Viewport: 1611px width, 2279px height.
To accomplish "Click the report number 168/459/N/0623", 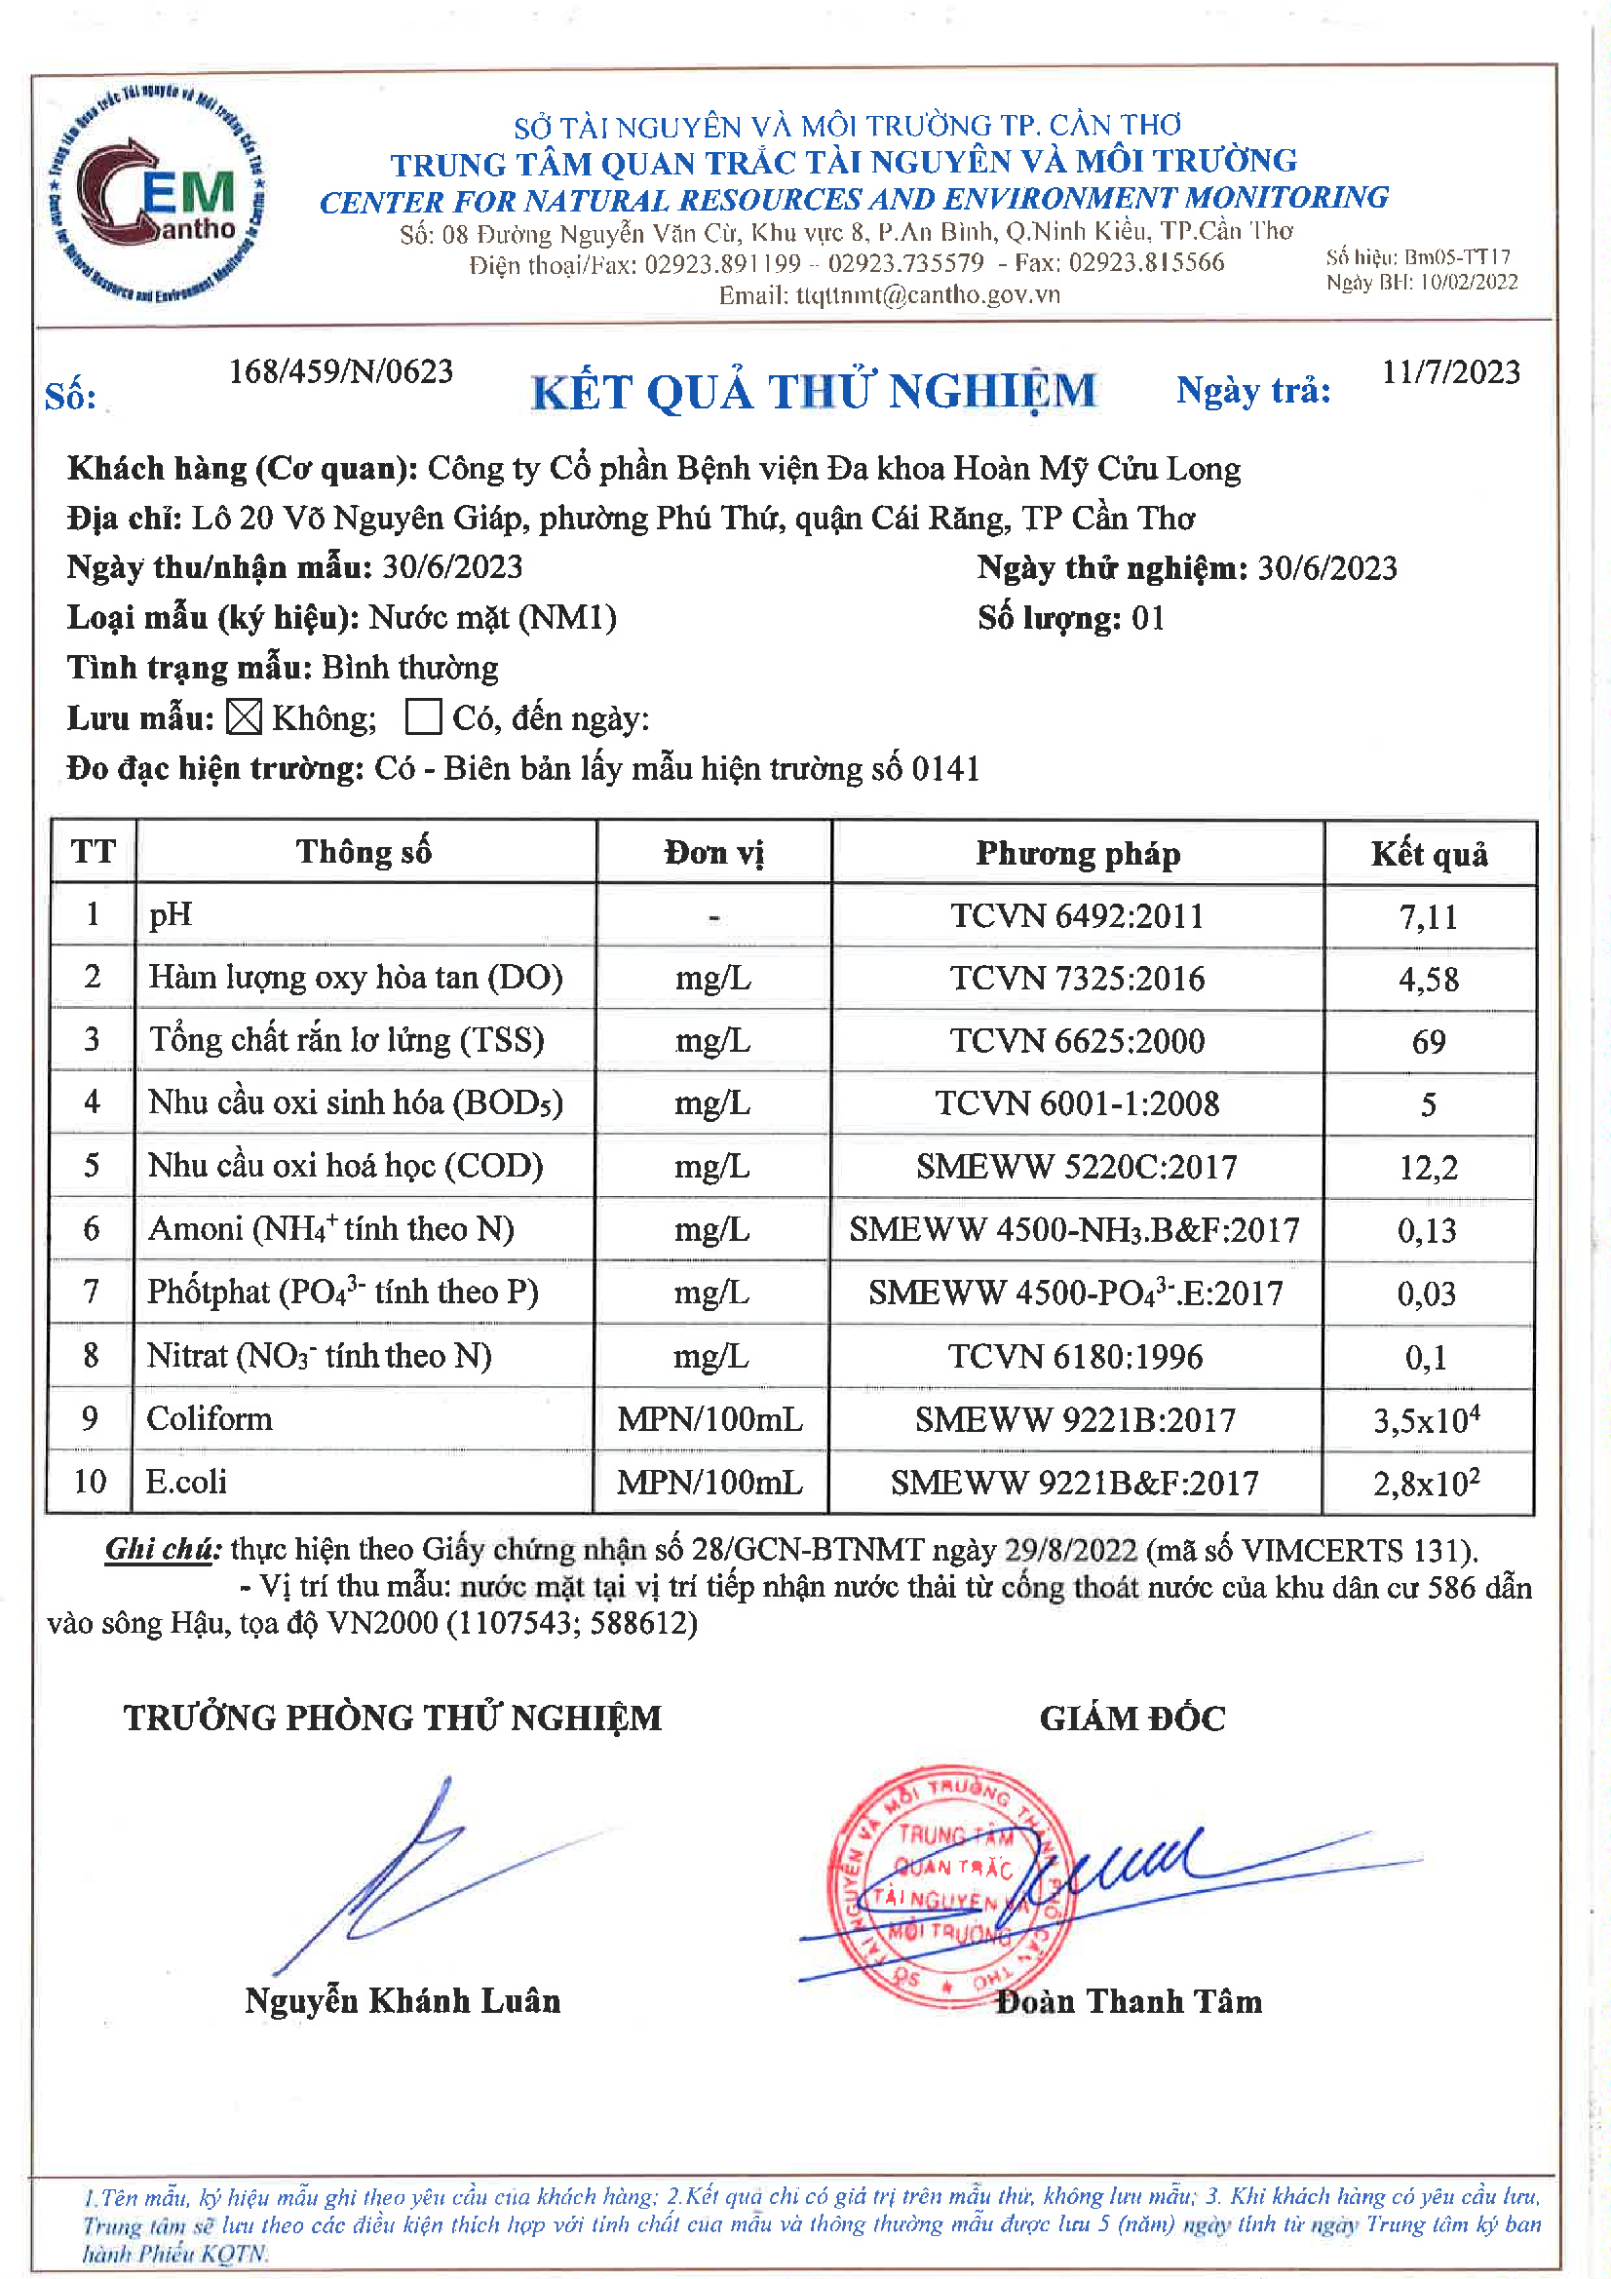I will [340, 371].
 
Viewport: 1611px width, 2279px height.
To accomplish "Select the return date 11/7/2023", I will [1450, 372].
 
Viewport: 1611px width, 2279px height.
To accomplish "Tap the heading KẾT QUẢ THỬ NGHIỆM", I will [814, 391].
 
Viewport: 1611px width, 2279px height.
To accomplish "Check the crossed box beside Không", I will [244, 716].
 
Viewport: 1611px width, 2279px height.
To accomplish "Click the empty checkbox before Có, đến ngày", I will [423, 716].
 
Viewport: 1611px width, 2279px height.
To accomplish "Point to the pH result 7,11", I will [1429, 916].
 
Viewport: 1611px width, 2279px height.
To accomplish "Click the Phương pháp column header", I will [1078, 854].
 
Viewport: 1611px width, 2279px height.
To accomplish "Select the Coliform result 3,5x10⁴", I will [1427, 1419].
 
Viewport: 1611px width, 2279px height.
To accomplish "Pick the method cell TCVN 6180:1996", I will [1075, 1356].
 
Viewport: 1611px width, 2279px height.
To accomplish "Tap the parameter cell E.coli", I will [186, 1482].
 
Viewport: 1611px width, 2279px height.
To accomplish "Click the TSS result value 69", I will [1429, 1041].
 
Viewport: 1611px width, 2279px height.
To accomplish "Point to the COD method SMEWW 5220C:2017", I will [1076, 1166].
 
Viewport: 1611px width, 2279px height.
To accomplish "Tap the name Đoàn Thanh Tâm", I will [1129, 2001].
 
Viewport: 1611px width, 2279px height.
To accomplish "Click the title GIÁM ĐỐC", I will [1132, 1719].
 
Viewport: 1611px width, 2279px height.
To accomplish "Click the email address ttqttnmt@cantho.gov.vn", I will [927, 294].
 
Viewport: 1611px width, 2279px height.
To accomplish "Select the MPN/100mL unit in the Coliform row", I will [710, 1419].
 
